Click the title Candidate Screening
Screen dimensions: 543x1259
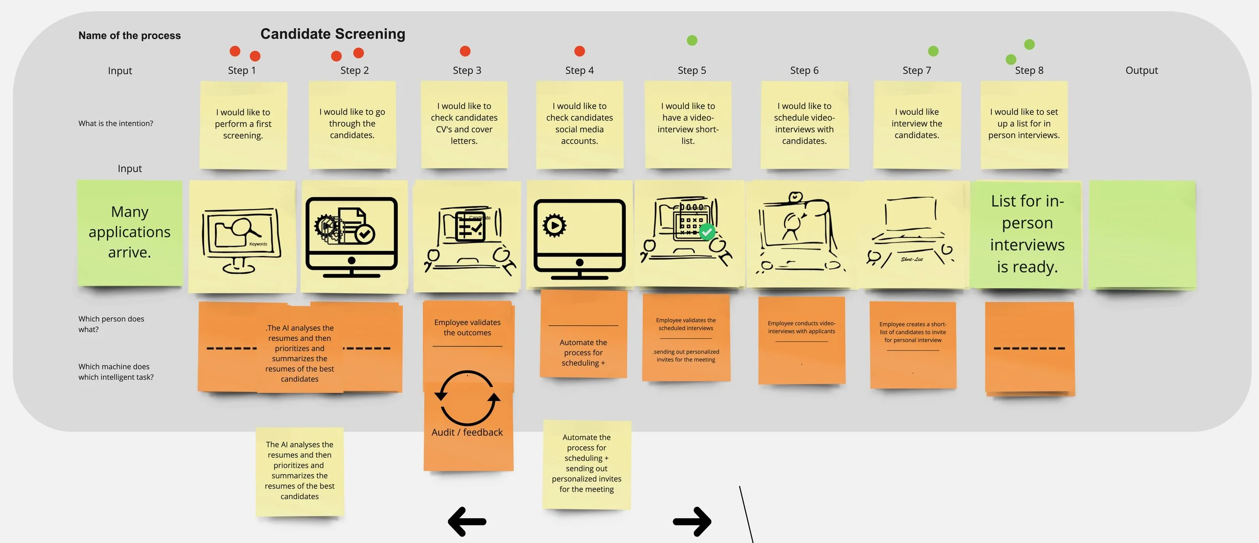pyautogui.click(x=332, y=34)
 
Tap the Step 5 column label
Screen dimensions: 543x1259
pyautogui.click(x=691, y=71)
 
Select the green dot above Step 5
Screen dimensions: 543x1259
pyautogui.click(x=692, y=40)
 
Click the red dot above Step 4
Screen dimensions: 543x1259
pyautogui.click(x=580, y=51)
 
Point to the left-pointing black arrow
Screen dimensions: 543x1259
pyautogui.click(x=467, y=521)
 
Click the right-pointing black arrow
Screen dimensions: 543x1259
pyautogui.click(x=692, y=521)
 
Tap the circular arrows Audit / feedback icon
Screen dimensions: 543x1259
pyautogui.click(x=467, y=398)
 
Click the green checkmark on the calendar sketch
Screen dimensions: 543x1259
pyautogui.click(x=707, y=232)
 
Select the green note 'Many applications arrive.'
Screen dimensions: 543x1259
pyautogui.click(x=129, y=232)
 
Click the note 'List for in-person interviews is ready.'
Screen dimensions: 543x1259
pyautogui.click(x=1027, y=234)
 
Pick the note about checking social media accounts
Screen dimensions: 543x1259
pyautogui.click(x=579, y=124)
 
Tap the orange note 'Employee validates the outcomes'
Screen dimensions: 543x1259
pyautogui.click(x=467, y=328)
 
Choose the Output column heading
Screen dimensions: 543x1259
pyautogui.click(x=1141, y=71)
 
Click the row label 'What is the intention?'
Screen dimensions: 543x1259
pyautogui.click(x=115, y=124)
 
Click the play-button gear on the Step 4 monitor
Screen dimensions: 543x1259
pyautogui.click(x=554, y=225)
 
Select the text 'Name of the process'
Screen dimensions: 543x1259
pyautogui.click(x=129, y=35)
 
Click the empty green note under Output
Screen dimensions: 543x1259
pyautogui.click(x=1142, y=235)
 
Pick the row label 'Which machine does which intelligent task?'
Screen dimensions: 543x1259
pyautogui.click(x=116, y=372)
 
